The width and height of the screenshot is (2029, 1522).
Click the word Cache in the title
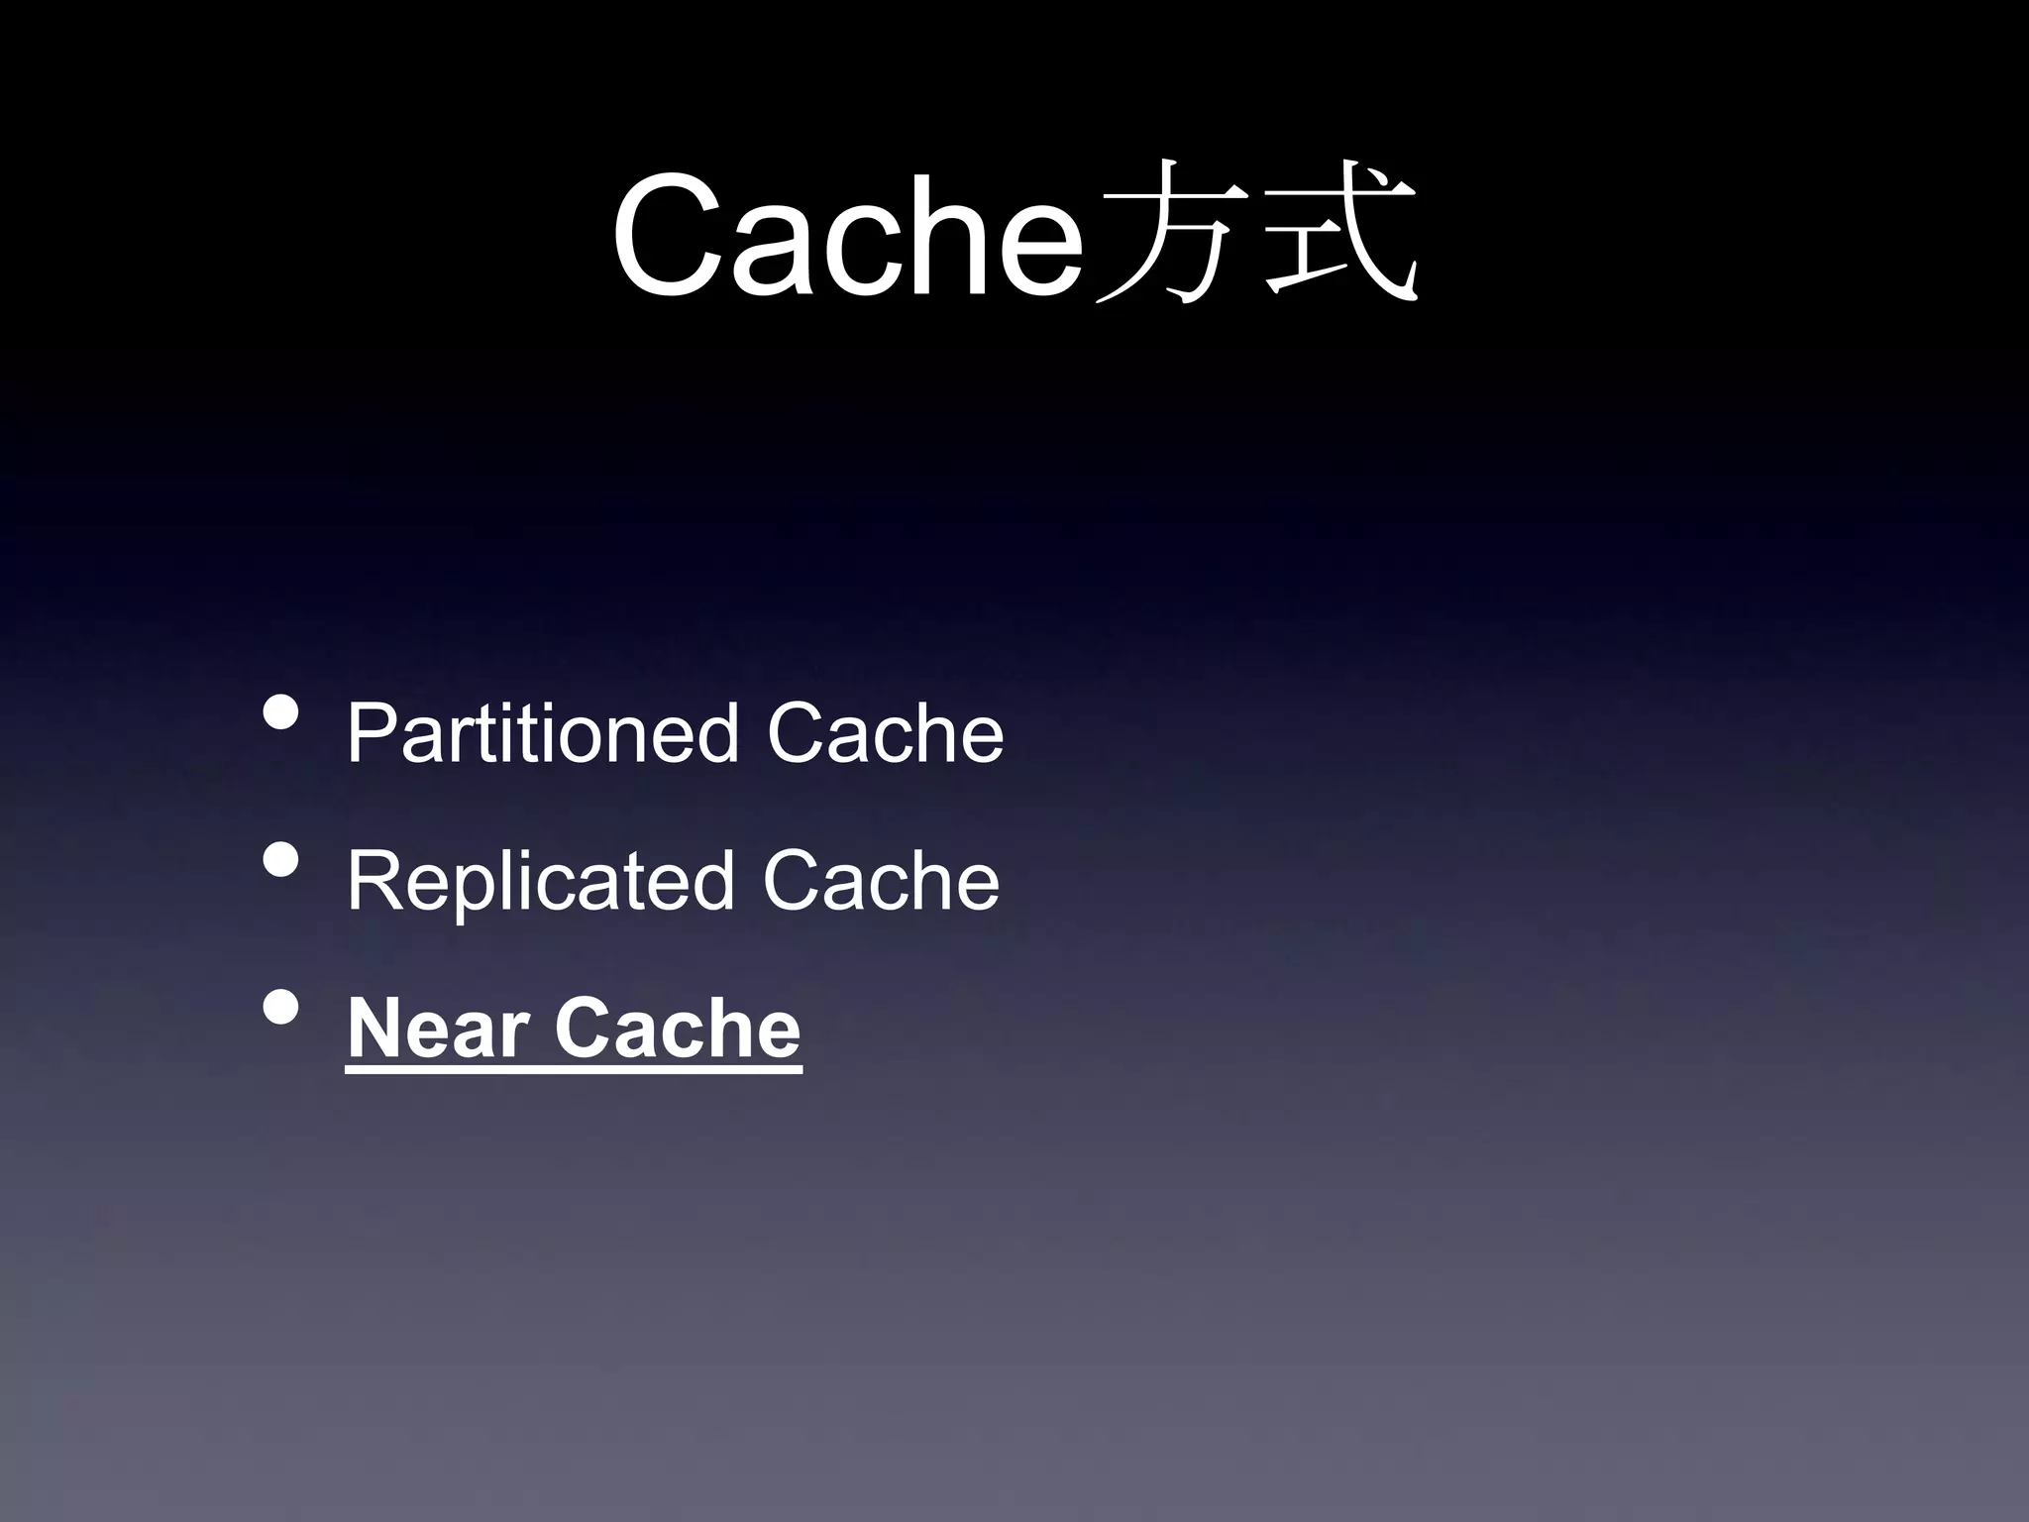tap(848, 236)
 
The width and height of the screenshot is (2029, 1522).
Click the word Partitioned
tap(543, 734)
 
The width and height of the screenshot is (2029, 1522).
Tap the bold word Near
tap(437, 1030)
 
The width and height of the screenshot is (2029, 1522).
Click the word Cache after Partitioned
tap(886, 734)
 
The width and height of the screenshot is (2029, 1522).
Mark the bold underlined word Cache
tap(678, 1030)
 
